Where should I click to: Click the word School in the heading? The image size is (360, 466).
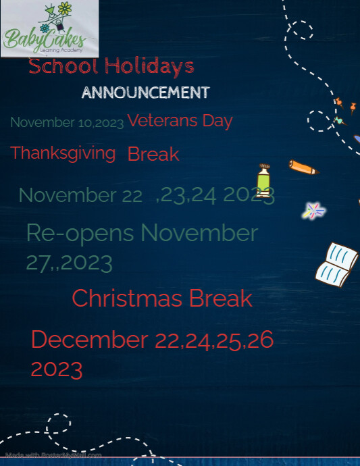coord(63,66)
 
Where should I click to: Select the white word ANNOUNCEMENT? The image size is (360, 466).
coord(145,93)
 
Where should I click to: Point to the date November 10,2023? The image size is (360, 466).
coord(67,123)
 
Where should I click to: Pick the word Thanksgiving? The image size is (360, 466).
coord(63,153)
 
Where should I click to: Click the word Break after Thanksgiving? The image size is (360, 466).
coord(153,155)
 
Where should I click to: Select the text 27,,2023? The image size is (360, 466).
coord(69,262)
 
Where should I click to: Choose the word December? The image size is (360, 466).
coord(89,340)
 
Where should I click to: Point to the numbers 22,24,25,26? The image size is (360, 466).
coord(214,340)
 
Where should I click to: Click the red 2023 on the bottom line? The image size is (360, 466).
coord(57,369)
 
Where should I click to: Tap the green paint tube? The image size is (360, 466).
coord(263,180)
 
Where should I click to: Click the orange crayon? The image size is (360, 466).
coord(303,167)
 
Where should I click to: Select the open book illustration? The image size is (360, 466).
coord(337,262)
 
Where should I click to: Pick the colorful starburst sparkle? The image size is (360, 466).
coord(313,211)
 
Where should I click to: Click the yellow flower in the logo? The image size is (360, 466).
coord(65,9)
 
